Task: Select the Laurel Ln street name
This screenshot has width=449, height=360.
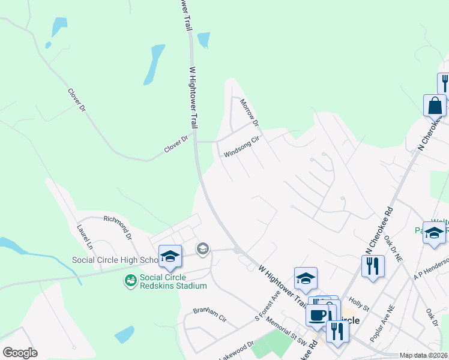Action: pos(85,237)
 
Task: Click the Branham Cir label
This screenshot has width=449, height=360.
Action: pos(208,313)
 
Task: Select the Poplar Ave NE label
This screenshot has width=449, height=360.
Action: pos(382,324)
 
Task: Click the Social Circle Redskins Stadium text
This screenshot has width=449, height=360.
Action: pos(173,281)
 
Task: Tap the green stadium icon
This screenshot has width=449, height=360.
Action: pos(130,281)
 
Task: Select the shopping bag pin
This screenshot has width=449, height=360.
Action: pos(435,106)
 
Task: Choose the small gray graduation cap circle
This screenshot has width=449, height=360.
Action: pos(203,248)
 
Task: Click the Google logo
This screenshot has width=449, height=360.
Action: pos(20,353)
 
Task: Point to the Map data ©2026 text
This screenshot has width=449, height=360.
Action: pos(423,355)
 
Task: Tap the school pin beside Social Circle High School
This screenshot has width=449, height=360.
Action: pos(170,257)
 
